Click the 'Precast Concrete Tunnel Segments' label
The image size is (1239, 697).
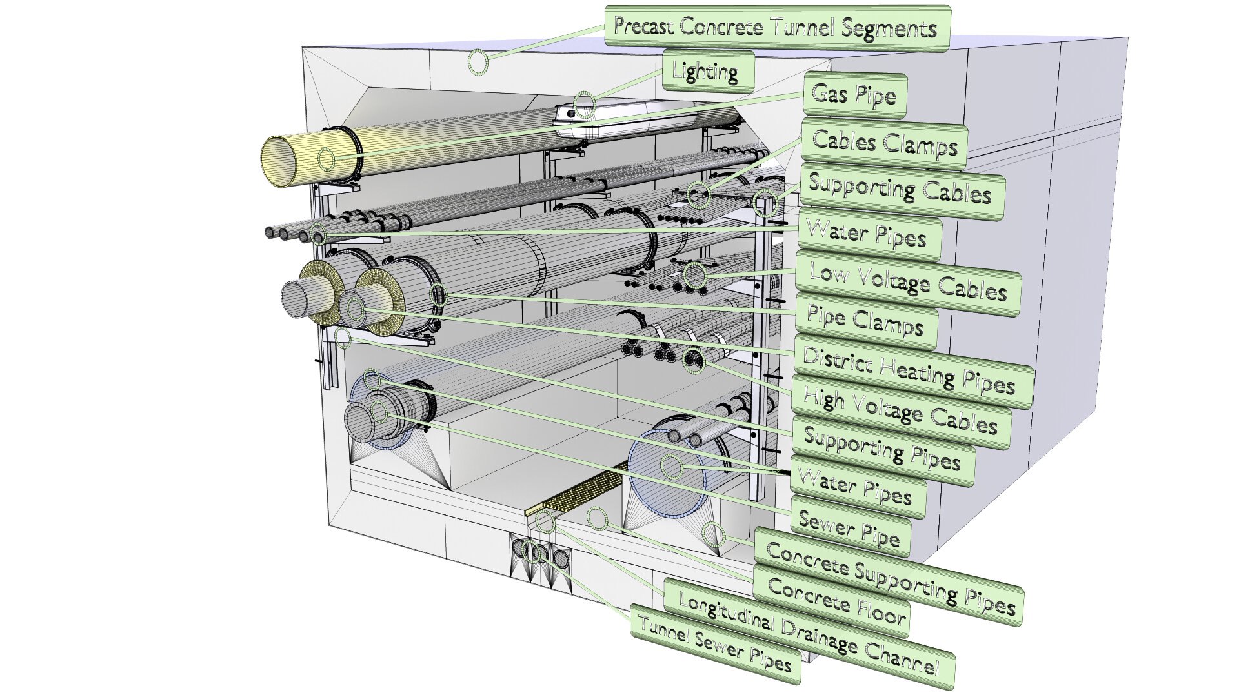(x=777, y=27)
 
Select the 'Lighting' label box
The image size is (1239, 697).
(x=708, y=71)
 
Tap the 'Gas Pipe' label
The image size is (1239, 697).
(x=854, y=96)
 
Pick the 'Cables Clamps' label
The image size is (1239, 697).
(x=883, y=143)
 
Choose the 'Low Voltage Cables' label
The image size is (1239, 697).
(x=907, y=283)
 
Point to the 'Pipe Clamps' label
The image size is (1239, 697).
(x=865, y=321)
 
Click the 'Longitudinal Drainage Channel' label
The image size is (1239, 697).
(x=809, y=634)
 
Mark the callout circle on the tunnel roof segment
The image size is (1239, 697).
(x=478, y=63)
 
